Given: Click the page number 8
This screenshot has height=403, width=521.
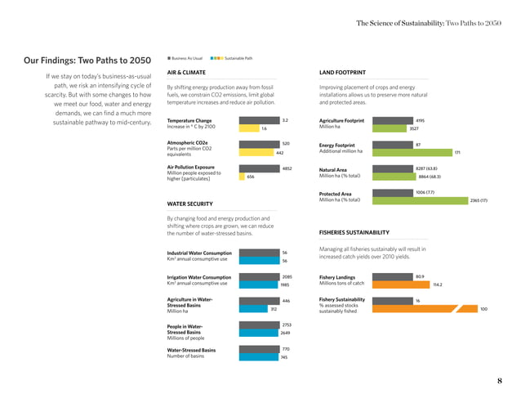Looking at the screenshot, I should [x=499, y=381].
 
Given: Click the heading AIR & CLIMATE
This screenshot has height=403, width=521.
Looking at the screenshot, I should [x=187, y=71].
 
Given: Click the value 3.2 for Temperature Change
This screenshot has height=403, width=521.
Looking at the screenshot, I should [x=285, y=120].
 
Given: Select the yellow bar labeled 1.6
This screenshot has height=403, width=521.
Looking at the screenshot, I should [x=248, y=128].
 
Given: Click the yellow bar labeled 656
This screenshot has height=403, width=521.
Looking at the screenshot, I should [x=242, y=177].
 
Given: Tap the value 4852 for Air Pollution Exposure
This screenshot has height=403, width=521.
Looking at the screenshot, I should [x=287, y=168].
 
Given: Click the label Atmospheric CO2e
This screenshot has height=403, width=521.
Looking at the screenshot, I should [x=186, y=143].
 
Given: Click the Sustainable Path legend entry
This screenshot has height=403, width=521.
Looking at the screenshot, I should [x=238, y=58].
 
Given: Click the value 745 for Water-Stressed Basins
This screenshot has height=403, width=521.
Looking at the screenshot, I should [x=283, y=357].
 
